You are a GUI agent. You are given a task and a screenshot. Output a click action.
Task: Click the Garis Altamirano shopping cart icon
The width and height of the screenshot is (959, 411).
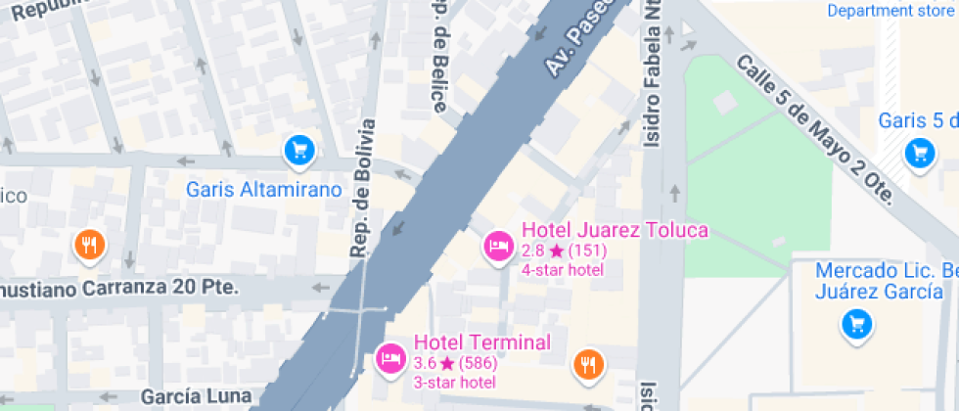click(x=299, y=150)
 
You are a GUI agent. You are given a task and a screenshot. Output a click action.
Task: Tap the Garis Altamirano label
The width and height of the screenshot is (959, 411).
click(x=264, y=190)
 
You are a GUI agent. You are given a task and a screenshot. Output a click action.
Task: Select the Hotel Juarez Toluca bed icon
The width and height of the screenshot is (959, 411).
click(x=498, y=246)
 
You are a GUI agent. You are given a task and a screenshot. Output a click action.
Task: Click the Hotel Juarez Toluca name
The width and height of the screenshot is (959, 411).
click(x=615, y=231)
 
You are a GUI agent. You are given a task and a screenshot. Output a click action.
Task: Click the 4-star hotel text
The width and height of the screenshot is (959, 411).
click(x=563, y=269)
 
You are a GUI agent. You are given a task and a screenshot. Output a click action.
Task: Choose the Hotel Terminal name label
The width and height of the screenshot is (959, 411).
click(x=481, y=342)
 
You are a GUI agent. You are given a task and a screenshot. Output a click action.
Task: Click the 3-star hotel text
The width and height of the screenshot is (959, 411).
click(x=455, y=382)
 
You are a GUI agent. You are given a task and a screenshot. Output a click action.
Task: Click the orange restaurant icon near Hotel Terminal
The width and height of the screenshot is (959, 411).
click(x=588, y=365)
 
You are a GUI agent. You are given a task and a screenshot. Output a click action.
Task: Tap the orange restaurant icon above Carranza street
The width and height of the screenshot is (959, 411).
click(x=90, y=245)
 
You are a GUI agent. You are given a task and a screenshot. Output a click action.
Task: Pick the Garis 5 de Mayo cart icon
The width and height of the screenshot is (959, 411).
click(x=919, y=152)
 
